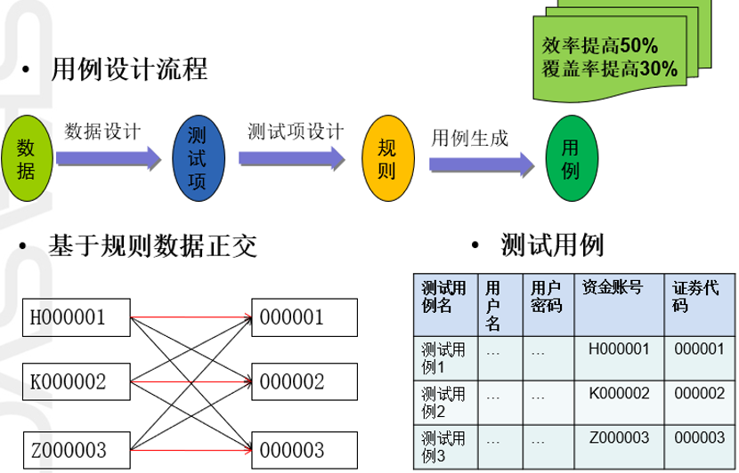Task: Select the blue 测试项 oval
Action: (198, 156)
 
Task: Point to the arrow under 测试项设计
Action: (292, 158)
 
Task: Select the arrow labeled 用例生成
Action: (482, 164)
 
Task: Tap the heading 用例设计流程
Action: (130, 69)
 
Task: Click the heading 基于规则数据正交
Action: (154, 245)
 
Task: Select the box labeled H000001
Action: (77, 316)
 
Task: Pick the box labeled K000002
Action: (77, 382)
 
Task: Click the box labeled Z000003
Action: (77, 449)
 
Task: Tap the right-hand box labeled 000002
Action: (304, 382)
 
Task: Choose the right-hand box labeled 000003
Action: (304, 449)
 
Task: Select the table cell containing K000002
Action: (620, 393)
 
